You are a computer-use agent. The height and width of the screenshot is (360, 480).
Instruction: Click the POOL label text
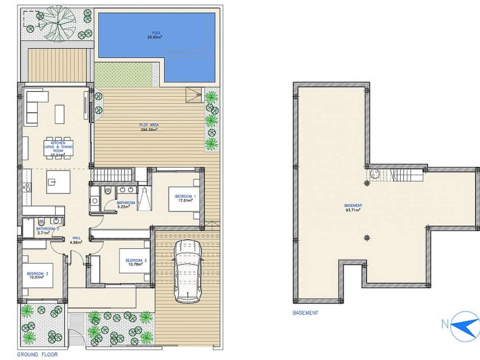tap(156, 33)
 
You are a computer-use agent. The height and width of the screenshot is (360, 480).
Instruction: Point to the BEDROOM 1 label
tap(186, 196)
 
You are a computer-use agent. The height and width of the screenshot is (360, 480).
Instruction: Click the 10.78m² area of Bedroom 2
tap(136, 264)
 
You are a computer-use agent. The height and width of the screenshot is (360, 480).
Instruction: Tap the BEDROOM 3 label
tap(37, 274)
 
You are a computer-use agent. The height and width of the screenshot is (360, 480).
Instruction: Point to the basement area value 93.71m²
tap(353, 210)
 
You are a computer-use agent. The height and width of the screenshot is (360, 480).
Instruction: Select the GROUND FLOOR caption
tap(37, 354)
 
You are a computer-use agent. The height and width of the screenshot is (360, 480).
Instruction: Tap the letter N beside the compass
tap(445, 325)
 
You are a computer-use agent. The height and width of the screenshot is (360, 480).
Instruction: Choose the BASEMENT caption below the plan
tap(305, 312)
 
